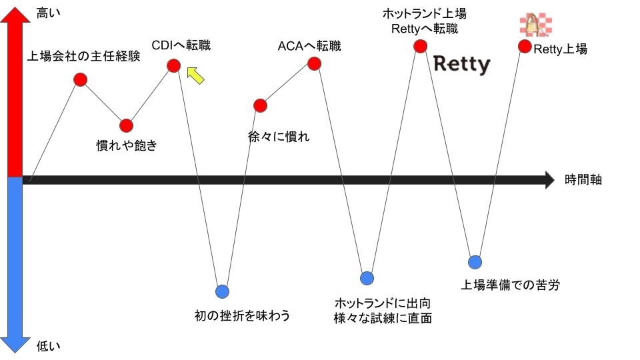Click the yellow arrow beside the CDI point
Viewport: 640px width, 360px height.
(x=195, y=75)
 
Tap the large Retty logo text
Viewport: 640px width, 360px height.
(x=462, y=65)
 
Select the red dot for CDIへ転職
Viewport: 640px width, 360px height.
(x=174, y=65)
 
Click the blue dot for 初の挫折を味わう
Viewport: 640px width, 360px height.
(x=223, y=291)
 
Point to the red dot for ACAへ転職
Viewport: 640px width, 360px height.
(x=314, y=63)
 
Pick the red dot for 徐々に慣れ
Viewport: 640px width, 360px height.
(x=261, y=105)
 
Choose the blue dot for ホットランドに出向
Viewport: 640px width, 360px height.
(x=367, y=278)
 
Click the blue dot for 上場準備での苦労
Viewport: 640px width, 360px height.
(x=475, y=261)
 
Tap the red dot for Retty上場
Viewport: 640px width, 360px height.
(x=525, y=47)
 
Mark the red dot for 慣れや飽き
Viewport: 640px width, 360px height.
(x=127, y=125)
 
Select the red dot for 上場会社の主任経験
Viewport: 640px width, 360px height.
(x=81, y=80)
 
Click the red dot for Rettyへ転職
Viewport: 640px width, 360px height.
(x=420, y=46)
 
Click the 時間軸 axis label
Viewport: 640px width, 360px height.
(x=583, y=179)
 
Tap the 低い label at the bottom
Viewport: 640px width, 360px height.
(x=48, y=345)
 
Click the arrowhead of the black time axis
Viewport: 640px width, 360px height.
(x=549, y=179)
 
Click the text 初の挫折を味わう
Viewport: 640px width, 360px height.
(x=242, y=315)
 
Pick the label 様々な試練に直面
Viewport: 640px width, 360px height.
(x=383, y=318)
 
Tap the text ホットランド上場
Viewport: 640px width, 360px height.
(x=424, y=13)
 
